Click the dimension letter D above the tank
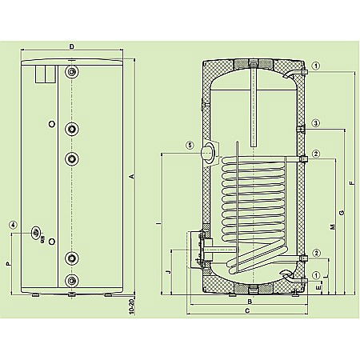[x=73, y=48]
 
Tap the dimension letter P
[x=8, y=262]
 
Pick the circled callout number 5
[x=190, y=146]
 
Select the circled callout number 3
[x=317, y=123]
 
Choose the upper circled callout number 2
[x=317, y=154]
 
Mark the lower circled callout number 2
[x=317, y=254]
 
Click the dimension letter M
[x=332, y=229]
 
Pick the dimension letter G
[x=342, y=211]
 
